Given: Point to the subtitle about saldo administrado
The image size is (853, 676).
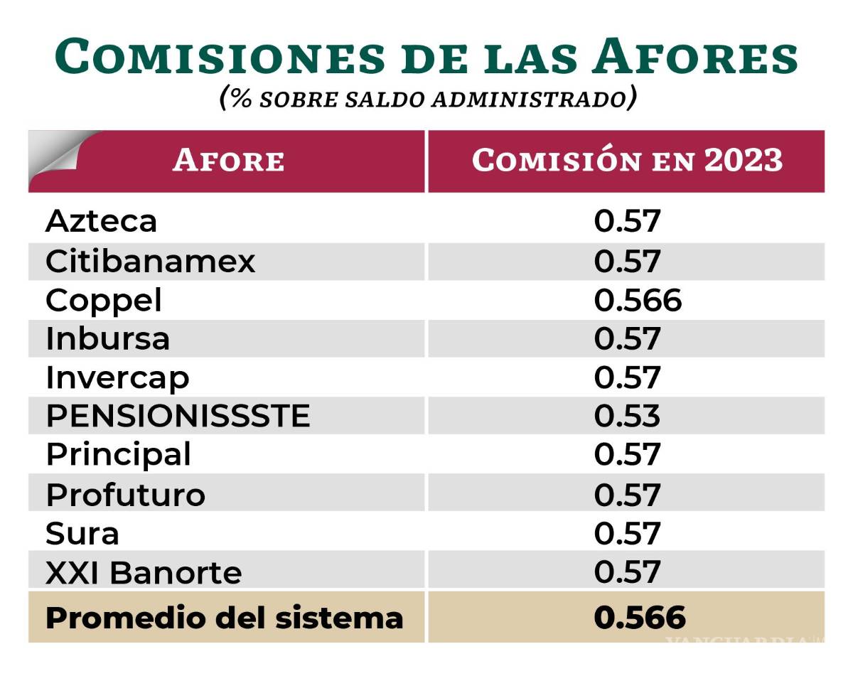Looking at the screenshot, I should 426,98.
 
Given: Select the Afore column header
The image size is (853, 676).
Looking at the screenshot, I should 228,161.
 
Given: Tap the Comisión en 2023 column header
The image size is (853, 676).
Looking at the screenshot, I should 627,161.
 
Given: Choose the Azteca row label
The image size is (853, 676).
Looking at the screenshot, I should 101,222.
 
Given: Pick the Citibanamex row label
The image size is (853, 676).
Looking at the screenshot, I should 150,262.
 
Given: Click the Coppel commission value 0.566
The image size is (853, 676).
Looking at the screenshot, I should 638,301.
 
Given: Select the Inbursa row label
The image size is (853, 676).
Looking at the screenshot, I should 107,338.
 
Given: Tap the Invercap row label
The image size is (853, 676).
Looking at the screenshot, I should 117,377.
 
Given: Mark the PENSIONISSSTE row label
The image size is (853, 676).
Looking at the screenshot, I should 178,416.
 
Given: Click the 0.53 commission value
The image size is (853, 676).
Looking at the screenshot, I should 627,416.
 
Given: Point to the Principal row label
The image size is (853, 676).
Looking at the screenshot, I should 118,455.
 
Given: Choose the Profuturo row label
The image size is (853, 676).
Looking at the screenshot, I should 125,494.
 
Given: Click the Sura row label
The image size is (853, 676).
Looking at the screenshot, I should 82,533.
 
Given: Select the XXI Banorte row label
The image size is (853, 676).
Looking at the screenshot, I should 144,572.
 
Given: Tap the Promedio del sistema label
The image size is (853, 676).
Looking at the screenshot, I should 224,617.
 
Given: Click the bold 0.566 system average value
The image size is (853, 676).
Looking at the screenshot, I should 639,617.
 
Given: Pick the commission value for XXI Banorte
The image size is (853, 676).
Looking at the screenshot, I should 627,572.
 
